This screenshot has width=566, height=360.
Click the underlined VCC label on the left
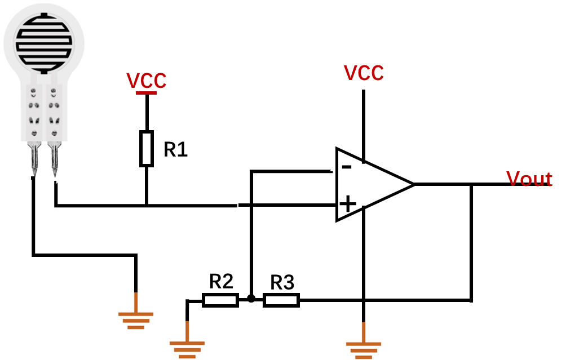point(147,81)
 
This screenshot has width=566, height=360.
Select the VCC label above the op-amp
point(364,73)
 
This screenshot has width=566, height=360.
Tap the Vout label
point(529,179)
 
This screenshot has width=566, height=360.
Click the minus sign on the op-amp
point(347,166)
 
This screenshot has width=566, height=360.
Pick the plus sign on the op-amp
point(347,203)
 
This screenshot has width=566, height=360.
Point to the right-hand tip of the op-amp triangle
point(410,184)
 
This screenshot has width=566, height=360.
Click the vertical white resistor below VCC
point(147,149)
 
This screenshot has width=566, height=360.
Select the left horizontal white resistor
point(220,300)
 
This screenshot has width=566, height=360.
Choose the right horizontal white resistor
point(281,300)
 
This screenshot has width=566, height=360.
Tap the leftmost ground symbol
point(136,312)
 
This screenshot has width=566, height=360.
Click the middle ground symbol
point(187,340)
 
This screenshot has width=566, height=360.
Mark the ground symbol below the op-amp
point(364,341)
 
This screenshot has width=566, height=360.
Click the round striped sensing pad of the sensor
point(44,39)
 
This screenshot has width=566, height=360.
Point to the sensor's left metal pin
point(34,159)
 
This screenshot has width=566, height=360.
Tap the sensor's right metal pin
point(54,159)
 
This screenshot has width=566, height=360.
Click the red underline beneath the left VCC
point(147,92)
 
